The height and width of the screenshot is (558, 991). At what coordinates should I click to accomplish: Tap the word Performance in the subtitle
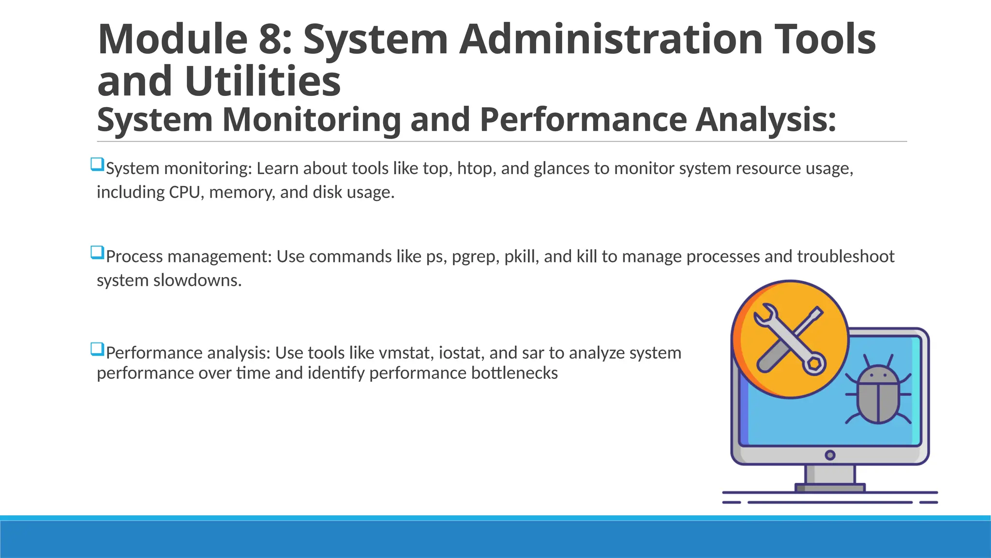tap(583, 120)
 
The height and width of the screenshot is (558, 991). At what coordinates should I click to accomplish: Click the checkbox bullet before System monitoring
tap(97, 164)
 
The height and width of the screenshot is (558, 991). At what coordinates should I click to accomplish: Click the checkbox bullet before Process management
tap(97, 252)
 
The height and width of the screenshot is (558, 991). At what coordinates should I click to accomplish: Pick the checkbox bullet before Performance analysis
tap(97, 349)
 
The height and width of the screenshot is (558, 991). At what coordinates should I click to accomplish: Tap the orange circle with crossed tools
tap(791, 339)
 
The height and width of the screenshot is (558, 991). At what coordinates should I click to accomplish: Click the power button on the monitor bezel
tap(830, 455)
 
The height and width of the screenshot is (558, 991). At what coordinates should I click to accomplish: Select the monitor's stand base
tap(830, 488)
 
